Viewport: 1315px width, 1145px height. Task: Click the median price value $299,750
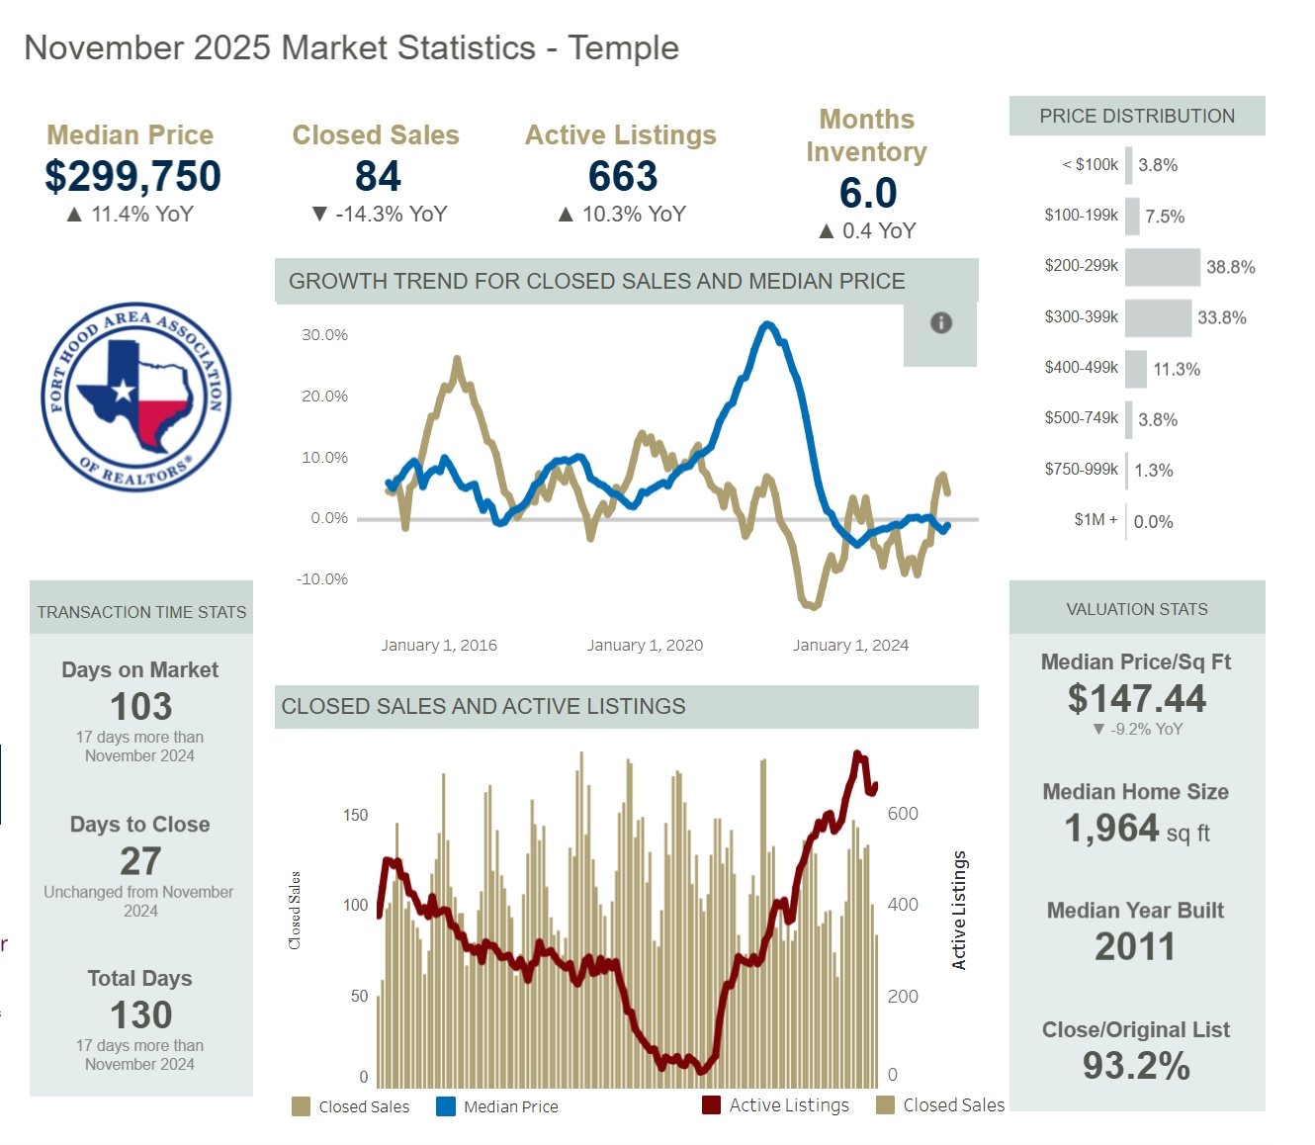132,177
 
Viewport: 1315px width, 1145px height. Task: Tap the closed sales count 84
378,177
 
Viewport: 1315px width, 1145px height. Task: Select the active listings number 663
622,177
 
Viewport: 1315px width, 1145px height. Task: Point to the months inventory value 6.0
867,194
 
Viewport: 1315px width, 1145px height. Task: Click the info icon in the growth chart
941,322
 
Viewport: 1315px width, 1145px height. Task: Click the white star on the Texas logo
124,391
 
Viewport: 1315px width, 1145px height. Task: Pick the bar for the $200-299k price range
1162,267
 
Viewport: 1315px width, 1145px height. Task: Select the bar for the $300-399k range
1158,318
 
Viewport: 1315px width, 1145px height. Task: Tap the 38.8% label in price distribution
1230,267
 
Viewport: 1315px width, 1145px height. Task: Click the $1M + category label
1096,520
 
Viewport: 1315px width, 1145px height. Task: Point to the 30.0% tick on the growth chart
324,335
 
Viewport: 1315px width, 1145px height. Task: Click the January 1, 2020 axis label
645,646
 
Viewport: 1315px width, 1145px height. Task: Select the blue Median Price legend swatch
446,1106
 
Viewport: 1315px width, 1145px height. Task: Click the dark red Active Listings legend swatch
711,1104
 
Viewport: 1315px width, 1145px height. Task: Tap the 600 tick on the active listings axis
903,814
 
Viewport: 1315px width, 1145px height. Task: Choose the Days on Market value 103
140,707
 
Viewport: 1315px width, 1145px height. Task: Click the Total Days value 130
140,1015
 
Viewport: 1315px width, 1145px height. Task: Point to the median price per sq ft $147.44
1136,699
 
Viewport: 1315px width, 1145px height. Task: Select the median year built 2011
1135,947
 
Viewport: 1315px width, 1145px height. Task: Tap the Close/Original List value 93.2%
1136,1066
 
